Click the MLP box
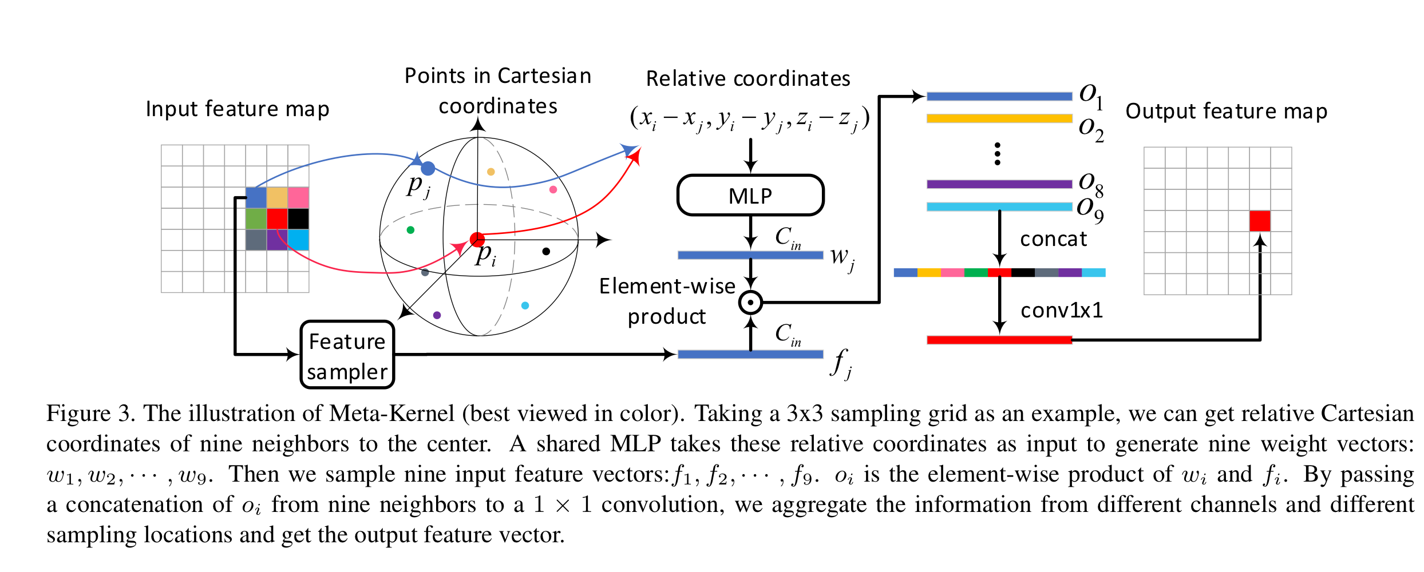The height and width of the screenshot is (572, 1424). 750,196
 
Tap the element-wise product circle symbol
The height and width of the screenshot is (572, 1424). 750,303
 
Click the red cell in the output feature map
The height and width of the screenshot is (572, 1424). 1260,221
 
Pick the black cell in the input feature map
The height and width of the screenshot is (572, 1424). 298,219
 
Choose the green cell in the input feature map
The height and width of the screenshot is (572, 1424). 256,219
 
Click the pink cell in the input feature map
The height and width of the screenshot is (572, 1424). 298,197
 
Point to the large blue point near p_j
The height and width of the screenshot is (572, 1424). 428,169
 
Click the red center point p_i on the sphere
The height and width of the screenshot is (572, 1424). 477,240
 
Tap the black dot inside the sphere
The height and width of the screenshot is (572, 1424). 546,251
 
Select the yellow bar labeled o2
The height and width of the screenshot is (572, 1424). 999,118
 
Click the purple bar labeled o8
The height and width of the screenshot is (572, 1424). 999,184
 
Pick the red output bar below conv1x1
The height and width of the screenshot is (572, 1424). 999,340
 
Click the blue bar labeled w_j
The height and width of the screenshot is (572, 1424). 750,255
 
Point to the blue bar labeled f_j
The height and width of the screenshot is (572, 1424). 750,355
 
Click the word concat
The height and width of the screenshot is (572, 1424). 1053,239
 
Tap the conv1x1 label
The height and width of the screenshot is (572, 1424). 1061,311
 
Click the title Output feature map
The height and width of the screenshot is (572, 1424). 1226,111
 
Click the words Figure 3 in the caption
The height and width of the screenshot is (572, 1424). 90,414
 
